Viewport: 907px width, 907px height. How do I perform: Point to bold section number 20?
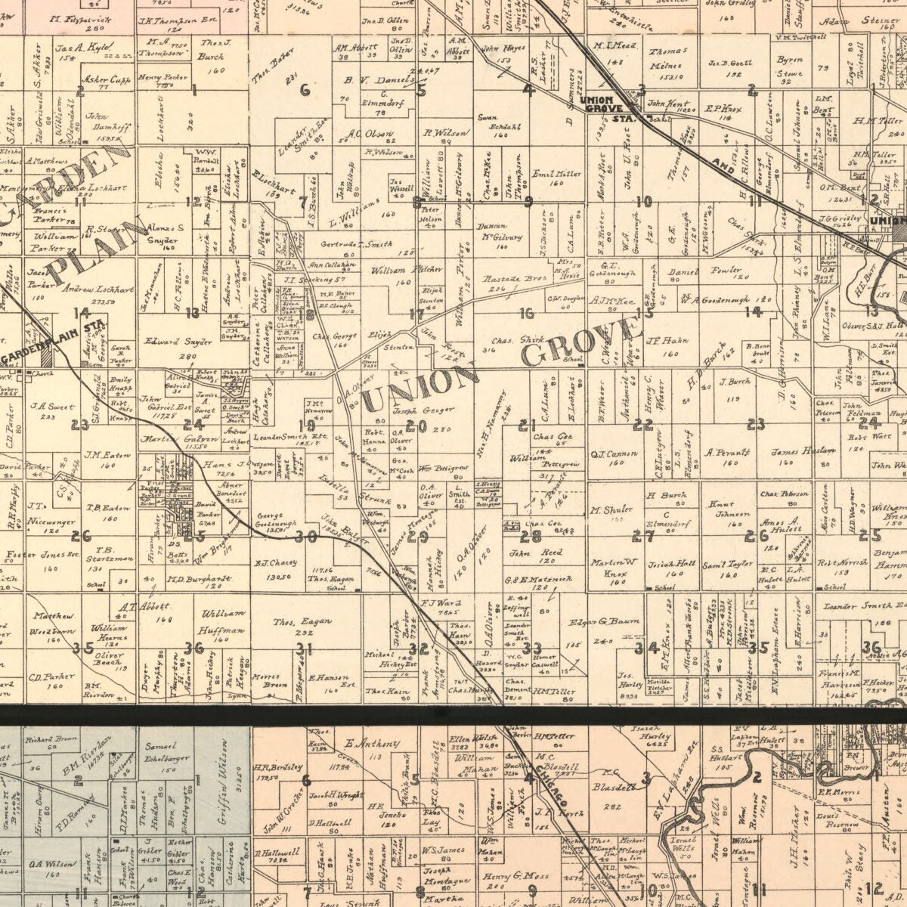[411, 426]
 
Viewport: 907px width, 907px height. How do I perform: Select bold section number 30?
[305, 537]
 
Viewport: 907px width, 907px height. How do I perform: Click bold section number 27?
[642, 536]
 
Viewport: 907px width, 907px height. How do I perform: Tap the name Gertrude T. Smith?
[357, 244]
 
